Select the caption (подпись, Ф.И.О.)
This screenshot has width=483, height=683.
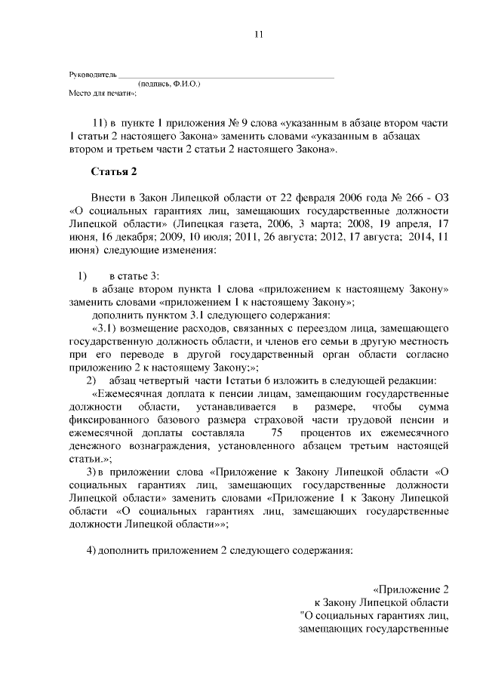click(x=169, y=85)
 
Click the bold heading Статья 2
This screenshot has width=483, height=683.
click(x=113, y=171)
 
